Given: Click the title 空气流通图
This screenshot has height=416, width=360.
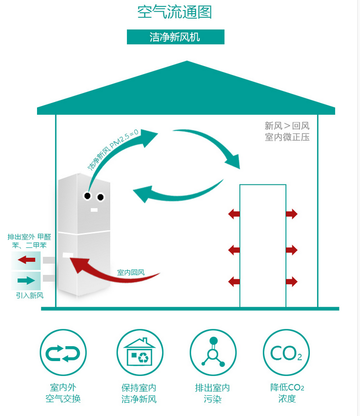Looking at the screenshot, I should (x=174, y=12).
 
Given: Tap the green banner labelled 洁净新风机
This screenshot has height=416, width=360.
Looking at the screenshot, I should (x=176, y=37).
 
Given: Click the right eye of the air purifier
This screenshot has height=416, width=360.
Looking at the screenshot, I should (x=100, y=198).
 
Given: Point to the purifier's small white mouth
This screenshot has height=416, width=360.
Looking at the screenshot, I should (x=94, y=210).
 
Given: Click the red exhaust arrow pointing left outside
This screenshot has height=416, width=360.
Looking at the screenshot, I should (x=26, y=260).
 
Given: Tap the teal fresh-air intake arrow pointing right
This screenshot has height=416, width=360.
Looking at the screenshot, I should (x=26, y=280).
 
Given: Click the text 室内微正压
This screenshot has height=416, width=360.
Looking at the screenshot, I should (x=287, y=137).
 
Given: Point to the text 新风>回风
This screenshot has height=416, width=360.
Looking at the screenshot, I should (x=287, y=126).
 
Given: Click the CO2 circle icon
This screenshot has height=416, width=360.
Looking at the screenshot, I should (x=286, y=353).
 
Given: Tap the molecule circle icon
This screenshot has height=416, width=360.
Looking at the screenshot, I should (x=213, y=353).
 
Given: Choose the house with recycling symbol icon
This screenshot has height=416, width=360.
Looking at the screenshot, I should (x=140, y=353).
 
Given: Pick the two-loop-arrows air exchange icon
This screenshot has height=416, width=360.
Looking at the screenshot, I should (x=63, y=353).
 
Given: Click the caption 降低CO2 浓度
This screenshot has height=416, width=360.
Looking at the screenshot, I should (x=287, y=393).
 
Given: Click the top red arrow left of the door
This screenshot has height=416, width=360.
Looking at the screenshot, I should (x=234, y=214).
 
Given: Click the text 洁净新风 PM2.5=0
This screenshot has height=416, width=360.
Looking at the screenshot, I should (x=113, y=153).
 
